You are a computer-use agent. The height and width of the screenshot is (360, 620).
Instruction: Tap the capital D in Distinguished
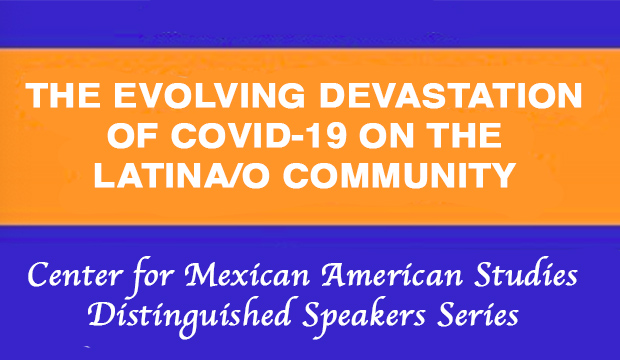coord(101,316)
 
